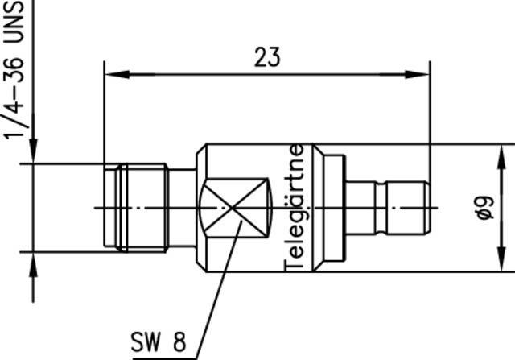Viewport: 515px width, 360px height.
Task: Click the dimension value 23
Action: click(x=267, y=57)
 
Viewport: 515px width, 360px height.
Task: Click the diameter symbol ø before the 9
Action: click(x=483, y=214)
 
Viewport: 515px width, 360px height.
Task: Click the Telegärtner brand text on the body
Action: click(x=295, y=208)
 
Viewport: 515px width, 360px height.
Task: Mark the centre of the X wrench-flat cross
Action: click(x=233, y=208)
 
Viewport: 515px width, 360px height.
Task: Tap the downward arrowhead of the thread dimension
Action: click(x=33, y=153)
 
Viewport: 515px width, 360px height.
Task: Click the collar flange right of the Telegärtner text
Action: click(x=329, y=208)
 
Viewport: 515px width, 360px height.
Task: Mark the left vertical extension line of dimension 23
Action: click(x=104, y=113)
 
